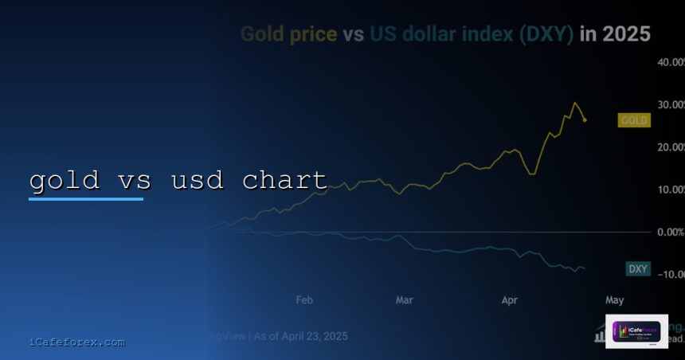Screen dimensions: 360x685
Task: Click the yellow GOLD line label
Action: (x=634, y=120)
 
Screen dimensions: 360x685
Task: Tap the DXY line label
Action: (x=637, y=268)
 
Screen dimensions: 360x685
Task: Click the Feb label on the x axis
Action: (x=303, y=300)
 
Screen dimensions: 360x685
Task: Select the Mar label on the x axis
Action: (x=405, y=300)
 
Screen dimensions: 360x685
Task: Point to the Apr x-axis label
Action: (x=510, y=300)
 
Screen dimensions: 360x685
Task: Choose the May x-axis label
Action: (x=614, y=300)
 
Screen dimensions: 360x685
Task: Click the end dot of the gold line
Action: (x=585, y=120)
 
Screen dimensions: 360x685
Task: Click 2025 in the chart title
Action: (x=627, y=35)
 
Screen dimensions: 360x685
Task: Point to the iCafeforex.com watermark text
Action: (x=76, y=342)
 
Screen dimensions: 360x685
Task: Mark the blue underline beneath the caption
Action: (x=86, y=198)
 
